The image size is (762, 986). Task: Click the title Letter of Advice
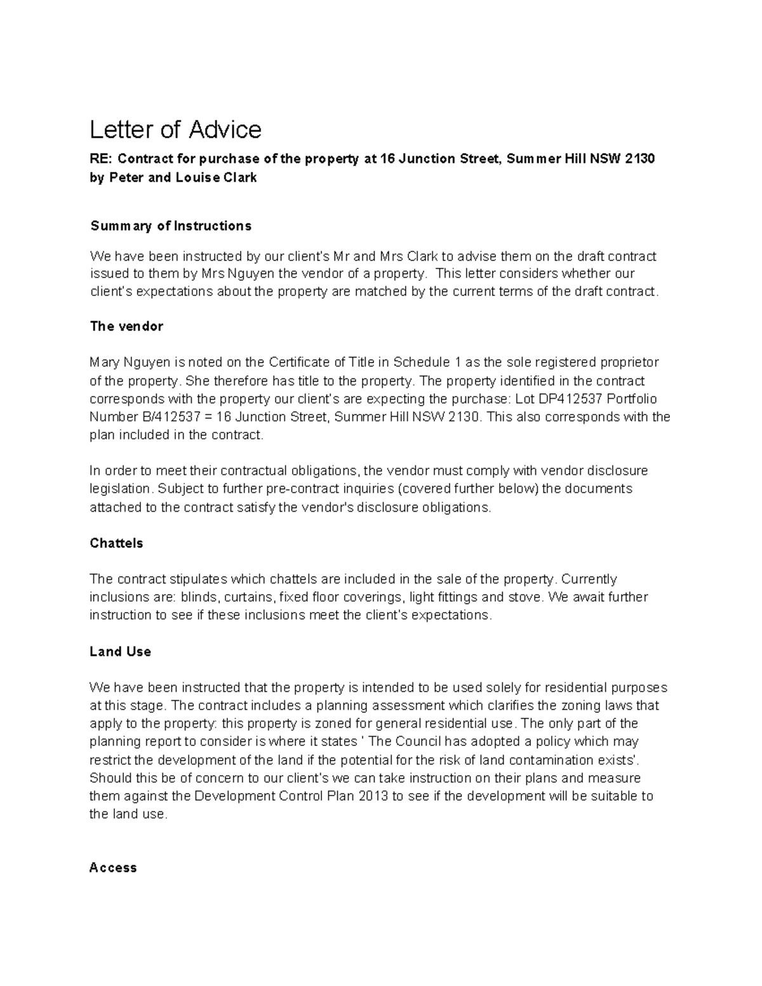point(175,130)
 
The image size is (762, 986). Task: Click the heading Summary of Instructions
point(171,226)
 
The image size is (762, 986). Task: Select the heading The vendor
point(126,326)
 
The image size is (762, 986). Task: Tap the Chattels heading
point(116,543)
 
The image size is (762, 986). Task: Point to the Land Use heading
point(120,652)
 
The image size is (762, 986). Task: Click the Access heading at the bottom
point(113,868)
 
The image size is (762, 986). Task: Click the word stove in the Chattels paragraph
point(526,597)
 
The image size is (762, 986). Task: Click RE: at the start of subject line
point(100,159)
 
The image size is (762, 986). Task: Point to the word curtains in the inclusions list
point(253,597)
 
